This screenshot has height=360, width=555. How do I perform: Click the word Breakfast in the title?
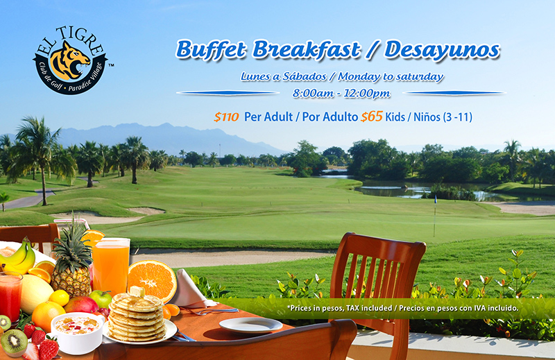click(307, 49)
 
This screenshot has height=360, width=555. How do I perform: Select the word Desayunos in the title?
click(442, 50)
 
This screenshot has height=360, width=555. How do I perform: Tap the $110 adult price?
click(226, 117)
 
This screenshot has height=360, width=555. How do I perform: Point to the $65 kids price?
click(372, 117)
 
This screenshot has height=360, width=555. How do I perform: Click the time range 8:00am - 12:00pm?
click(341, 94)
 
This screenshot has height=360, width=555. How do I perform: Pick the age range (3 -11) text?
click(458, 117)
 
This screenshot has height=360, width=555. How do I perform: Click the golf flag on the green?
click(435, 216)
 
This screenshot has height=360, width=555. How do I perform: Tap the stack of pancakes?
click(136, 318)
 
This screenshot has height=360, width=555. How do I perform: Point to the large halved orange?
click(152, 280)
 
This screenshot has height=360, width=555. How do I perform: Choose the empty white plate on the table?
click(250, 325)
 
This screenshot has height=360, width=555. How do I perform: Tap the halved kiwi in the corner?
click(13, 343)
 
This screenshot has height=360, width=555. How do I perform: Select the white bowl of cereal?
click(77, 333)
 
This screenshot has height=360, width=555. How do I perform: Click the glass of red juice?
click(10, 298)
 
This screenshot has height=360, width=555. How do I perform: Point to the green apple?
click(101, 300)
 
